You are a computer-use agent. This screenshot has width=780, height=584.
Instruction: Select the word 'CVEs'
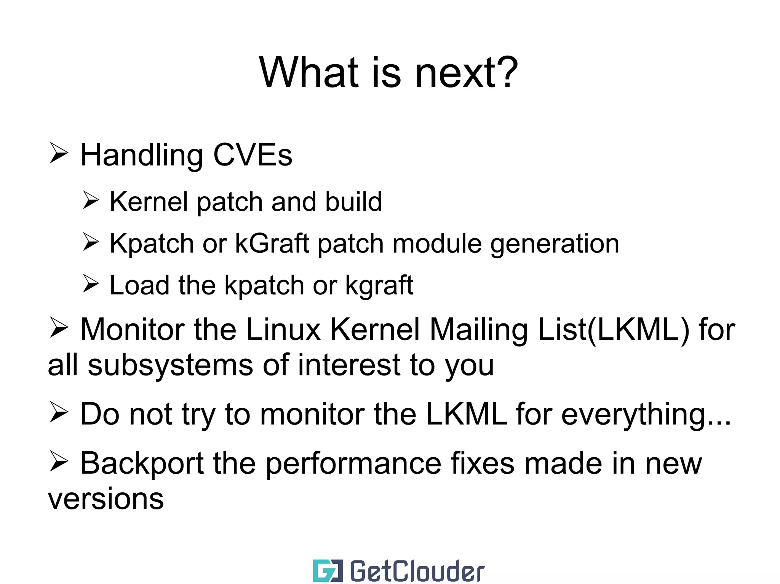coord(253,155)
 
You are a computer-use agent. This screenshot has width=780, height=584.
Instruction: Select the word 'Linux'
coord(283,329)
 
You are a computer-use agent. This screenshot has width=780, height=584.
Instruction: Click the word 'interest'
coord(349,365)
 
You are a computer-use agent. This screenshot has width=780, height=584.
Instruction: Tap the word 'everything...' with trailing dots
coord(646,414)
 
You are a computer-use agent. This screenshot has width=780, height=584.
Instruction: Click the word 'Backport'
coord(142,464)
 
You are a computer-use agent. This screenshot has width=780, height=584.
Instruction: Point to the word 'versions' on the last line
coord(106,498)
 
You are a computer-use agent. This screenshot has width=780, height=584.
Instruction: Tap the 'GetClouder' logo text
coord(417,571)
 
